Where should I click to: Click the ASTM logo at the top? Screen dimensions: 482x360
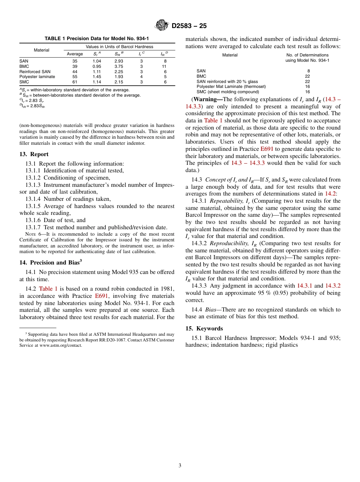[162, 25]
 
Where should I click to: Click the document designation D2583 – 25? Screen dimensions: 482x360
[189, 26]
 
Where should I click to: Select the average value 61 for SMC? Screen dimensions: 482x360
[75, 82]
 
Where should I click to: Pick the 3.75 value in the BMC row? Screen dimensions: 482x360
[119, 66]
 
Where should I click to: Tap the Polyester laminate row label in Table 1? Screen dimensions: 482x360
[37, 77]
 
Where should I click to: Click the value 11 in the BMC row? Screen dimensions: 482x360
[164, 66]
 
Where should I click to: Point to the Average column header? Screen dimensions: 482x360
[75, 54]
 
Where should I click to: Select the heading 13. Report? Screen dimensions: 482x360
[34, 154]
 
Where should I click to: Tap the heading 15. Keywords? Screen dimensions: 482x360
[204, 328]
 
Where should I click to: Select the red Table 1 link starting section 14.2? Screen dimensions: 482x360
[48, 288]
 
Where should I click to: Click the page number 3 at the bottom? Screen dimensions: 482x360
[180, 465]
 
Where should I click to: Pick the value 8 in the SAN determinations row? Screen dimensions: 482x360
[308, 71]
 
